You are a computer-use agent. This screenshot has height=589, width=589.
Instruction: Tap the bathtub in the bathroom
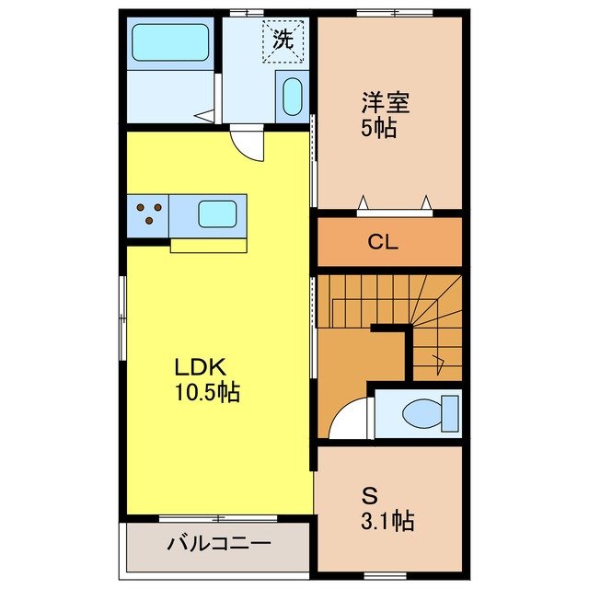[x=170, y=42]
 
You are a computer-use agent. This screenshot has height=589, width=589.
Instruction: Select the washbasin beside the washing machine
[x=291, y=97]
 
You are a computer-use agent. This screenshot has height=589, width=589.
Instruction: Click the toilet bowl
[x=427, y=411]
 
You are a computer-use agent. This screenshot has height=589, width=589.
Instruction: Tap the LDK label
[x=201, y=365]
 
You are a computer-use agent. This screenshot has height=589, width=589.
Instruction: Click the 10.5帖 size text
[x=207, y=393]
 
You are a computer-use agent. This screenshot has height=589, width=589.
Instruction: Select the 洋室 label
[x=385, y=101]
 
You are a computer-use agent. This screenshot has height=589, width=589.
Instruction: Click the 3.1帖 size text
[x=386, y=522]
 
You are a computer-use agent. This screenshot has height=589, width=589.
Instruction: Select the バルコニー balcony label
[x=219, y=544]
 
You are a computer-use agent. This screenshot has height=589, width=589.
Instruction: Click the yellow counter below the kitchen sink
[x=208, y=246]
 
